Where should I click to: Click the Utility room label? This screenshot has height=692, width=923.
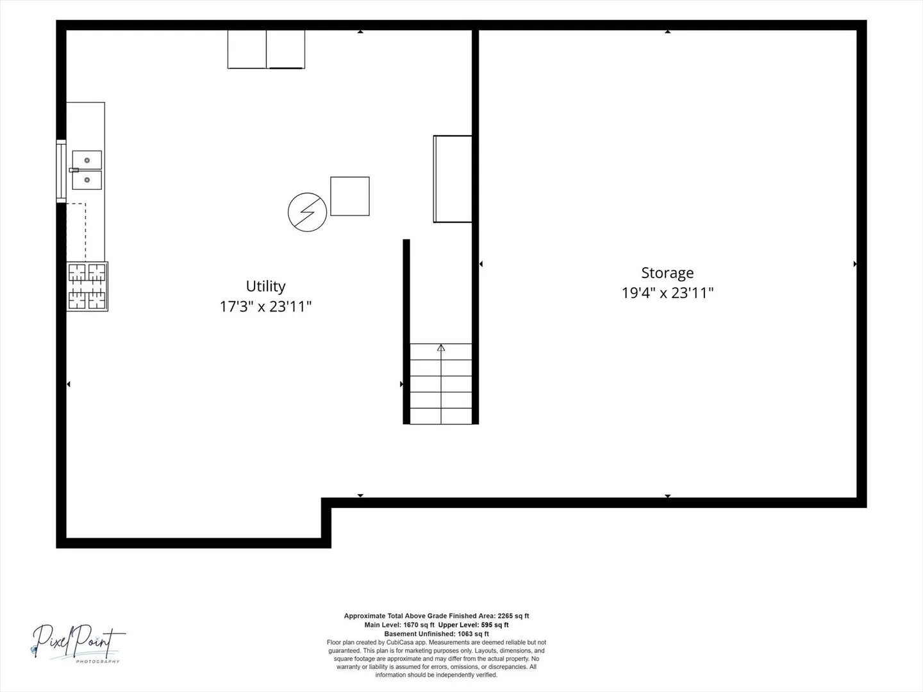265,286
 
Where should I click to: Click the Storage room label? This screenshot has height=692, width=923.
667,273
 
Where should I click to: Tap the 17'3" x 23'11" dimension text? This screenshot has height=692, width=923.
265,306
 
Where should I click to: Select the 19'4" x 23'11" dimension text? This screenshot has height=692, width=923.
667,293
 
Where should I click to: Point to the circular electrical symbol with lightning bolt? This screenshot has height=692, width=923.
308,212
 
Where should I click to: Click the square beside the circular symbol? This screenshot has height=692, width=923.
350,196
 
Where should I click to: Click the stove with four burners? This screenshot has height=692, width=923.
87,286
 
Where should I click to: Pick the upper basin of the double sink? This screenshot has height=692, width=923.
87,160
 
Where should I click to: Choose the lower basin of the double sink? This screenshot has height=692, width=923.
87,180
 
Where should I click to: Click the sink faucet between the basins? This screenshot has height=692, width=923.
74,170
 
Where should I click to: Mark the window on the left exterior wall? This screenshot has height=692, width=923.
62,171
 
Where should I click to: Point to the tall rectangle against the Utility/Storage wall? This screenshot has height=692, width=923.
453,179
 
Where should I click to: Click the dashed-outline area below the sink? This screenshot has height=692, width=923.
76,233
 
